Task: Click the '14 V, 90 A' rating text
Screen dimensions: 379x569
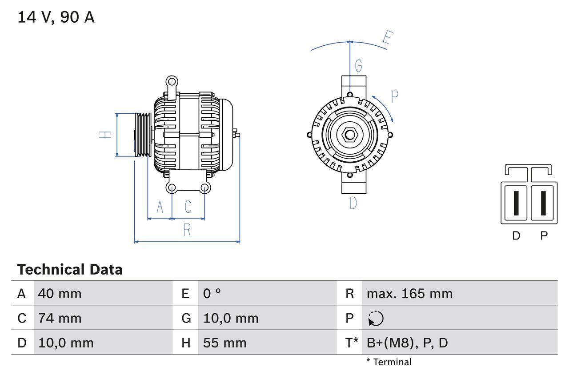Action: pos(56,17)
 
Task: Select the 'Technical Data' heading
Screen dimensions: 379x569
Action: pos(70,270)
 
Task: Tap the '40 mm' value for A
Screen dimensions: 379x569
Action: pos(60,294)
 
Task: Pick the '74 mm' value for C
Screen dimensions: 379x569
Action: pos(60,318)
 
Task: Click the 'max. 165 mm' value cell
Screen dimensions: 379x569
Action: pos(409,294)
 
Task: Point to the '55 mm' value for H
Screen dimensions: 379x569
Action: pos(224,343)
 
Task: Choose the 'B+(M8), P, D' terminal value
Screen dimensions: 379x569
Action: pos(407,343)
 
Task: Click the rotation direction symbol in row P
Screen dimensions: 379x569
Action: pos(376,319)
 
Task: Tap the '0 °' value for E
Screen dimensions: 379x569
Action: pos(212,294)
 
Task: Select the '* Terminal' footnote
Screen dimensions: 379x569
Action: pos(389,362)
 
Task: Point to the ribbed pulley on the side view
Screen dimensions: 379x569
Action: pos(143,135)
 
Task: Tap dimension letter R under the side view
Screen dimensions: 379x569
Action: pos(187,230)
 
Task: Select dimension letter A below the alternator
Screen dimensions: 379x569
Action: pos(160,207)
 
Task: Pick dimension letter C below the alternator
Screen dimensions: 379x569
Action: pos(188,207)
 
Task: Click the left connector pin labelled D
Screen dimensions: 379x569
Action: pos(516,203)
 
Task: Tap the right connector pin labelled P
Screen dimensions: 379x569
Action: pos(543,203)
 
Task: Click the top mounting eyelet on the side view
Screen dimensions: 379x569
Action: pos(171,81)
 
